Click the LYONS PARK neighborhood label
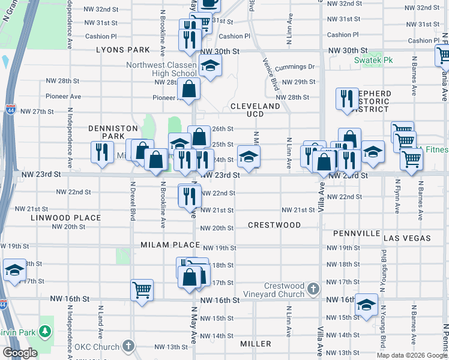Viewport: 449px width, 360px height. [122, 50]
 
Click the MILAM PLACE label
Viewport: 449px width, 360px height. [170, 245]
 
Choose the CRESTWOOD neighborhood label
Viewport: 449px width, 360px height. [274, 225]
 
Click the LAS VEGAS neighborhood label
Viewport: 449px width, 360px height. [407, 238]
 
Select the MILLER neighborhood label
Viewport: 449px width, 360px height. [256, 344]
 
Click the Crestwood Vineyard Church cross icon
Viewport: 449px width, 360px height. [312, 290]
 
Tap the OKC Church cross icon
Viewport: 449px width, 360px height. [128, 346]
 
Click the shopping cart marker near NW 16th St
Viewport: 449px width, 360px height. [142, 290]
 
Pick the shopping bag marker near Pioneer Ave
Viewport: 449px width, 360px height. [188, 89]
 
